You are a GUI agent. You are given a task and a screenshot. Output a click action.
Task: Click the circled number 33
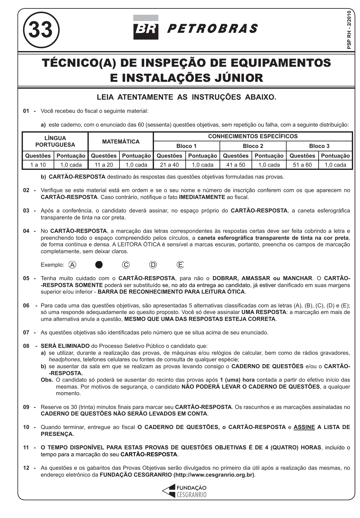tap(41, 30)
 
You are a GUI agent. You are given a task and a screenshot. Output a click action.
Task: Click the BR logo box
tap(146, 31)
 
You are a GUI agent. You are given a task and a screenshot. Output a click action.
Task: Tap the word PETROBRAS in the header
tap(212, 29)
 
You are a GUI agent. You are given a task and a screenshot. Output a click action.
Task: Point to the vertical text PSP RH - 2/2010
tap(349, 30)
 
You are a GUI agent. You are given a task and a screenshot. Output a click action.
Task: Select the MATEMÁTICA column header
tap(121, 142)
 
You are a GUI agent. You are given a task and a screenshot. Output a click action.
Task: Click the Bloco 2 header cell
tap(253, 146)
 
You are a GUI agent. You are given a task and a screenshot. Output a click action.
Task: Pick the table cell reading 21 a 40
tap(169, 165)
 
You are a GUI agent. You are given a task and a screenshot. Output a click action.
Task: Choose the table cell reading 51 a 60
tap(302, 165)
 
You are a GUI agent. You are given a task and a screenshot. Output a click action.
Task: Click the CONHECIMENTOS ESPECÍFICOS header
tap(253, 136)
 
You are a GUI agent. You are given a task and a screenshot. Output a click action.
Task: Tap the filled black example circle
tap(99, 265)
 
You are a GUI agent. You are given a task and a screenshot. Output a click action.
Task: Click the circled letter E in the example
tap(180, 265)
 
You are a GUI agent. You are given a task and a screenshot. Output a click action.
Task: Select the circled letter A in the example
tap(72, 265)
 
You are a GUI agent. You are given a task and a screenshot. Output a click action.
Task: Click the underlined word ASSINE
tap(304, 427)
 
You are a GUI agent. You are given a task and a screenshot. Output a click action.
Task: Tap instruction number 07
tap(26, 332)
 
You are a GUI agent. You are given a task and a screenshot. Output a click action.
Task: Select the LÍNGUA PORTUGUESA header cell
tap(55, 142)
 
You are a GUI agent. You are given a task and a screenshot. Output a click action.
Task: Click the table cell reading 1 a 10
tap(38, 165)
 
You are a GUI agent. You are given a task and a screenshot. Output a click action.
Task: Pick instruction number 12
tap(26, 468)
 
